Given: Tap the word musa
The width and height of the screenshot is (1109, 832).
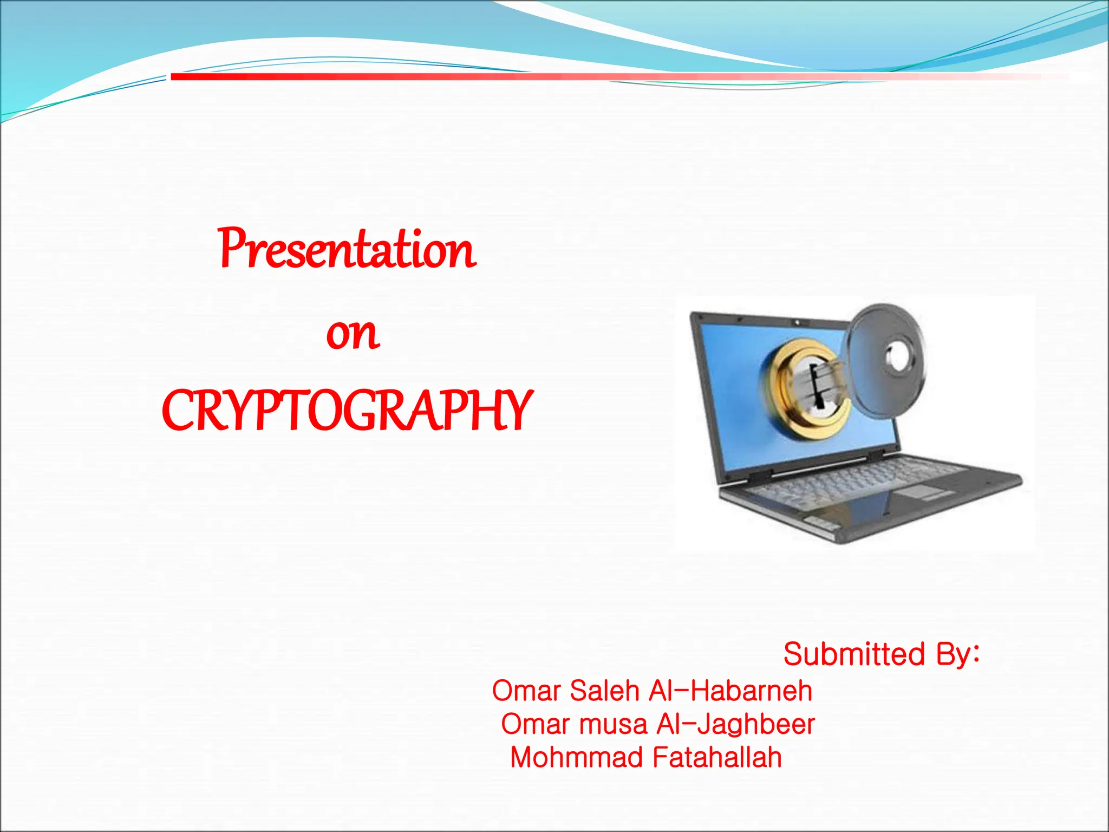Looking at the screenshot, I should click(613, 724).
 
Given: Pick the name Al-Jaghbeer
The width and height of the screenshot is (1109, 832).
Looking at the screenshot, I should click(735, 724).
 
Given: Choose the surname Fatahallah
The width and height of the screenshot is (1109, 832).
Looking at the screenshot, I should click(717, 757).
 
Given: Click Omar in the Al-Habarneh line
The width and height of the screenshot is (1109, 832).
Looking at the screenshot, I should click(526, 691).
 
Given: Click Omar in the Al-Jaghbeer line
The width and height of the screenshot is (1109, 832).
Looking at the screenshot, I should click(536, 724).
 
